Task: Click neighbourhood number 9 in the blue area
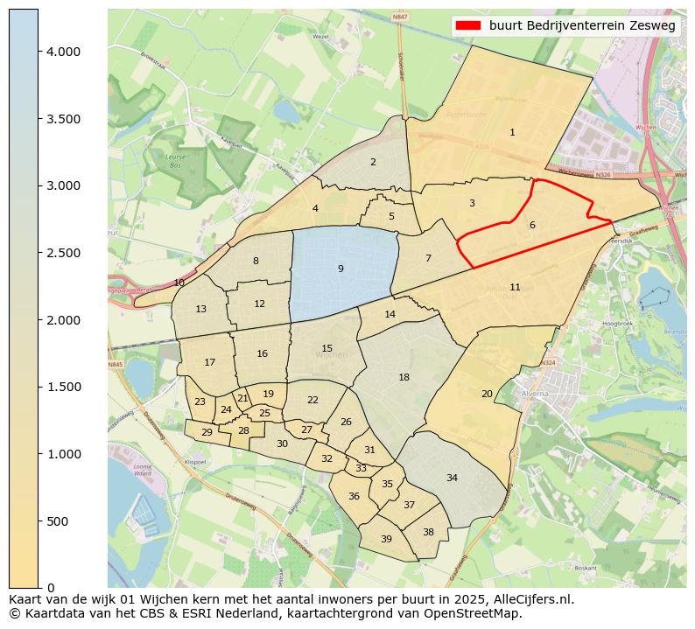pyautogui.click(x=340, y=269)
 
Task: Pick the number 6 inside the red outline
pyautogui.click(x=532, y=225)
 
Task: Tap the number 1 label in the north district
pyautogui.click(x=512, y=132)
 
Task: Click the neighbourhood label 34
pyautogui.click(x=452, y=478)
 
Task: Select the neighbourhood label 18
pyautogui.click(x=404, y=377)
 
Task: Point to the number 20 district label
pyautogui.click(x=487, y=394)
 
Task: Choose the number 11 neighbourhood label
pyautogui.click(x=515, y=287)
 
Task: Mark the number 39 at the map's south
pyautogui.click(x=386, y=539)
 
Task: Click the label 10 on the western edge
pyautogui.click(x=179, y=283)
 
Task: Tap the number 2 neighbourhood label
pyautogui.click(x=373, y=162)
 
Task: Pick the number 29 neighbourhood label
pyautogui.click(x=207, y=432)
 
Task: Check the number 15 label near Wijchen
pyautogui.click(x=326, y=348)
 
